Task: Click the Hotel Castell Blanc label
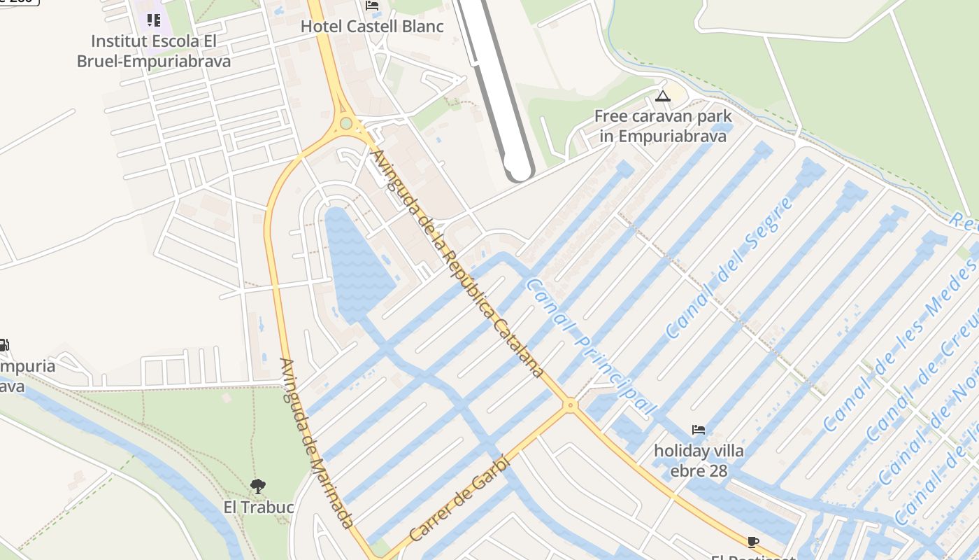[372, 27]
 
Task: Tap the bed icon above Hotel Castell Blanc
[372, 6]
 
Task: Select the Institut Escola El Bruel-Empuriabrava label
[154, 51]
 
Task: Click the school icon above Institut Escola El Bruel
[153, 20]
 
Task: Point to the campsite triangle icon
[663, 96]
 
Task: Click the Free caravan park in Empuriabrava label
[663, 126]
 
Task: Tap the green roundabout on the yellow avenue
[345, 124]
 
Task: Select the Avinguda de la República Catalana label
[458, 264]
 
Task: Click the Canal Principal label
[592, 347]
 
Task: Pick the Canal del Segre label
[731, 267]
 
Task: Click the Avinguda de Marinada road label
[315, 443]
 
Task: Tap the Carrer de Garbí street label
[460, 500]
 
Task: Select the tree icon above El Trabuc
[258, 486]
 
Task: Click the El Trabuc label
[258, 506]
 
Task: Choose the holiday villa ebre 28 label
[699, 460]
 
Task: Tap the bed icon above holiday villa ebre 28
[698, 430]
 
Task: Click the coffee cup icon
[752, 542]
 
